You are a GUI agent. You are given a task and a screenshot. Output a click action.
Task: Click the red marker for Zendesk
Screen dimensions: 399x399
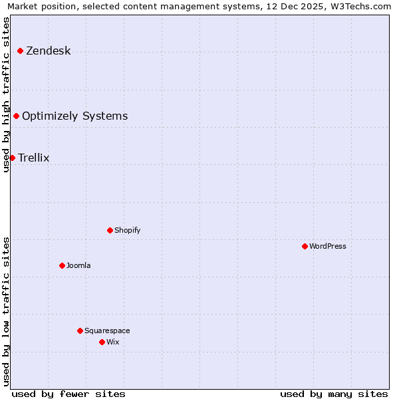point(21,51)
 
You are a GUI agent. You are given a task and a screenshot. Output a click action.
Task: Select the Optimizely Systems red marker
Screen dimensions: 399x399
point(17,116)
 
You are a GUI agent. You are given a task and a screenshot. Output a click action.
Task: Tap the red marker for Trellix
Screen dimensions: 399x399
point(12,158)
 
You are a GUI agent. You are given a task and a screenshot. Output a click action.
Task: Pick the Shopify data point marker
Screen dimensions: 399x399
point(110,230)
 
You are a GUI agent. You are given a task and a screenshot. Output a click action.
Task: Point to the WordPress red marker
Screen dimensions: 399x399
point(305,246)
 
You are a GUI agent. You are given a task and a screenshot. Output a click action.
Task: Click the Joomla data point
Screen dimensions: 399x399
point(63,265)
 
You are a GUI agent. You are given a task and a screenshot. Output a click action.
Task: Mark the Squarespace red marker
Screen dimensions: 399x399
point(80,331)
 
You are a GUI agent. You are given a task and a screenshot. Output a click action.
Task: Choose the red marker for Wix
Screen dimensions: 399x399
point(102,342)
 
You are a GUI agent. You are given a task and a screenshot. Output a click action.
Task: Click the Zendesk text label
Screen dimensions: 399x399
point(49,51)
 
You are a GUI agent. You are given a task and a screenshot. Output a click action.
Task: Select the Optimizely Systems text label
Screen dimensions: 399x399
point(75,116)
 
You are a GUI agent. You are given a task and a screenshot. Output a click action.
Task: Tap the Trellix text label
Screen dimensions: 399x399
point(34,158)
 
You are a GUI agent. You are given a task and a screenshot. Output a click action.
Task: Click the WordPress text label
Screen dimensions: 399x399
point(328,246)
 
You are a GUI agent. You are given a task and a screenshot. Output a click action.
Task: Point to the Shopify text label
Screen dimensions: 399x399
point(128,230)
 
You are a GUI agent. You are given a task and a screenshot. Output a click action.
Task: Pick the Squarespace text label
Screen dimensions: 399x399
point(108,331)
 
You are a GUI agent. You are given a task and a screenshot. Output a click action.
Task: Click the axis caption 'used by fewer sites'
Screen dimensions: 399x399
point(68,394)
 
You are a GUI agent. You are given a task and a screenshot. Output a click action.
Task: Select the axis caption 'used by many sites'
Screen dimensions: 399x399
point(334,394)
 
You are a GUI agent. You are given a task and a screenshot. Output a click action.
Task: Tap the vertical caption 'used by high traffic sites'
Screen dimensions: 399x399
point(7,94)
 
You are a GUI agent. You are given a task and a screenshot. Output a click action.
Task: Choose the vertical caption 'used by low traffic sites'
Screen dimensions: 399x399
point(7,311)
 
